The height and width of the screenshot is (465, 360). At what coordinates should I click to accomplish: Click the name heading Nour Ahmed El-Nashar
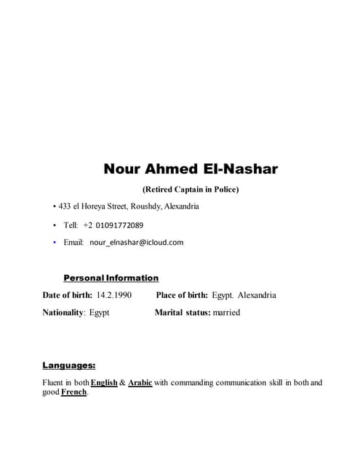click(x=191, y=169)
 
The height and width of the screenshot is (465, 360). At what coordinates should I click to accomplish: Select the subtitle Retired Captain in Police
click(x=191, y=190)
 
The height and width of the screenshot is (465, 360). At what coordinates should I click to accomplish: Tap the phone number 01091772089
click(x=119, y=225)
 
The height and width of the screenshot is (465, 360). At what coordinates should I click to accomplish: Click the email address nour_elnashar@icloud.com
click(x=136, y=243)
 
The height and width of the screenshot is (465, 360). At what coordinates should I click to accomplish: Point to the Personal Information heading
click(x=111, y=278)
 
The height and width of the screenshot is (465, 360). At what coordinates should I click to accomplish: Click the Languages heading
click(x=68, y=365)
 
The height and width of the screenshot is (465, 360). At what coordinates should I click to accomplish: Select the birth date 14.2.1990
click(x=113, y=295)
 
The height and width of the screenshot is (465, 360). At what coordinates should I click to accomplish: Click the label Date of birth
click(x=68, y=295)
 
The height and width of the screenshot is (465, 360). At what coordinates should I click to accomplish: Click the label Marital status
click(x=183, y=312)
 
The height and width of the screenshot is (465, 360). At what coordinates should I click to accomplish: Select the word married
click(x=226, y=312)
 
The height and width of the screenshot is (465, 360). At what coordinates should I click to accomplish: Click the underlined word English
click(x=104, y=383)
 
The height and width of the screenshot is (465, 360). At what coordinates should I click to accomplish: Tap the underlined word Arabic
click(x=140, y=383)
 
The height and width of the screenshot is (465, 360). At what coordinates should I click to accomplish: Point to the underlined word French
click(x=74, y=392)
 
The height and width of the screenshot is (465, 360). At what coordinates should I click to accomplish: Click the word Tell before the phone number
click(x=71, y=225)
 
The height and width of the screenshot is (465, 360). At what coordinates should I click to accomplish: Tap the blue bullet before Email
click(x=55, y=242)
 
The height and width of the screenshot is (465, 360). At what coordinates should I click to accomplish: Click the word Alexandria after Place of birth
click(x=257, y=295)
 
